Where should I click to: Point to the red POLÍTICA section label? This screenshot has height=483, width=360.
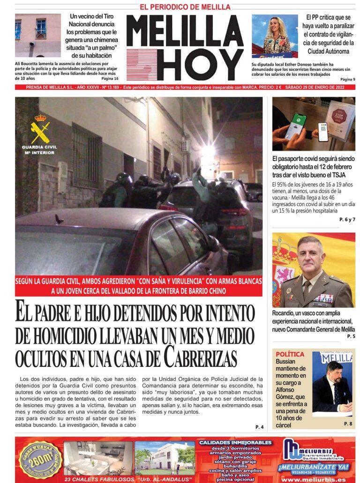(x=290, y=355)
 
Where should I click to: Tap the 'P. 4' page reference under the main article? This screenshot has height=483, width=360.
(x=259, y=427)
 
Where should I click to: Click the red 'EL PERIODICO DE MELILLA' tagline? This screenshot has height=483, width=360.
(x=185, y=7)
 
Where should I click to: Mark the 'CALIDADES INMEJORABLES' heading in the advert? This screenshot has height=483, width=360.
(x=235, y=442)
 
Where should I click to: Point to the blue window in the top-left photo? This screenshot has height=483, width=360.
(x=41, y=28)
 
